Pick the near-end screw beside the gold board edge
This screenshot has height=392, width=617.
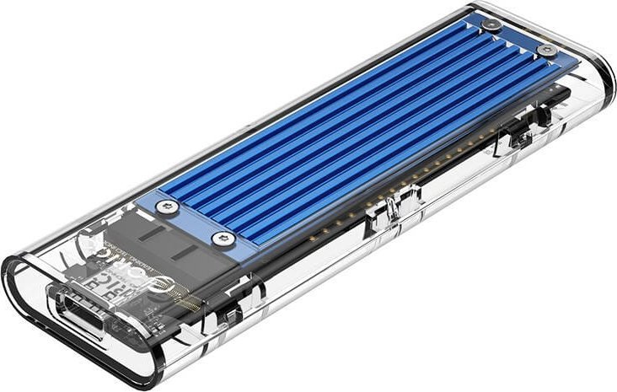point(222,239)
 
